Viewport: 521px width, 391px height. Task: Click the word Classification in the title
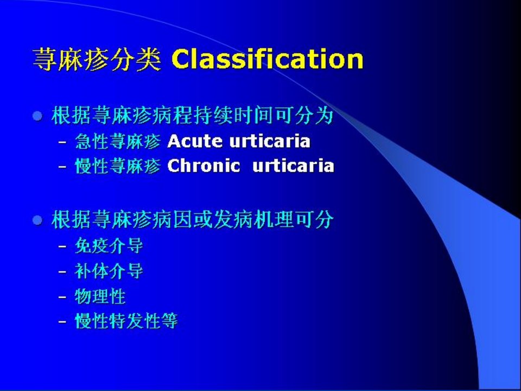(268, 59)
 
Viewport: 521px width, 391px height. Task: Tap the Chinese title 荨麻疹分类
(97, 60)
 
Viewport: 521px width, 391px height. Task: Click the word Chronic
(204, 166)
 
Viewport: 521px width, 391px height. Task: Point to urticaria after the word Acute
(270, 141)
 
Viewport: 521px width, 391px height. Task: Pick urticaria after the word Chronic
(293, 166)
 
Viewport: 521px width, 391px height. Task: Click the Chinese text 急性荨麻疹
(118, 142)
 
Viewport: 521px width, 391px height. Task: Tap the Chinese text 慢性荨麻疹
(118, 166)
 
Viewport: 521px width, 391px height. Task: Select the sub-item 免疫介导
(109, 246)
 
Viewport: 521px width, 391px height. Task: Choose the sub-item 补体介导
(109, 272)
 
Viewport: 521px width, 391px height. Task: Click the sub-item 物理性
(100, 297)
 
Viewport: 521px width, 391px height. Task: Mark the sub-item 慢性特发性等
(126, 321)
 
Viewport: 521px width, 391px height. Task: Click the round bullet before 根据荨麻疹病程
(37, 116)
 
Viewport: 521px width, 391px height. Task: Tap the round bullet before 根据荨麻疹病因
(37, 220)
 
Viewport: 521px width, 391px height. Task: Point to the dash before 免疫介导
(62, 247)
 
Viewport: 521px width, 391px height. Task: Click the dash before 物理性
(62, 297)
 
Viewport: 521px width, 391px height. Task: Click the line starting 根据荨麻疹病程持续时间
(192, 116)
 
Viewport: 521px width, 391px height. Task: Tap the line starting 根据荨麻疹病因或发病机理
(192, 219)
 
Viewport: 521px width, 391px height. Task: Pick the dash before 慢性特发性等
(62, 322)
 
